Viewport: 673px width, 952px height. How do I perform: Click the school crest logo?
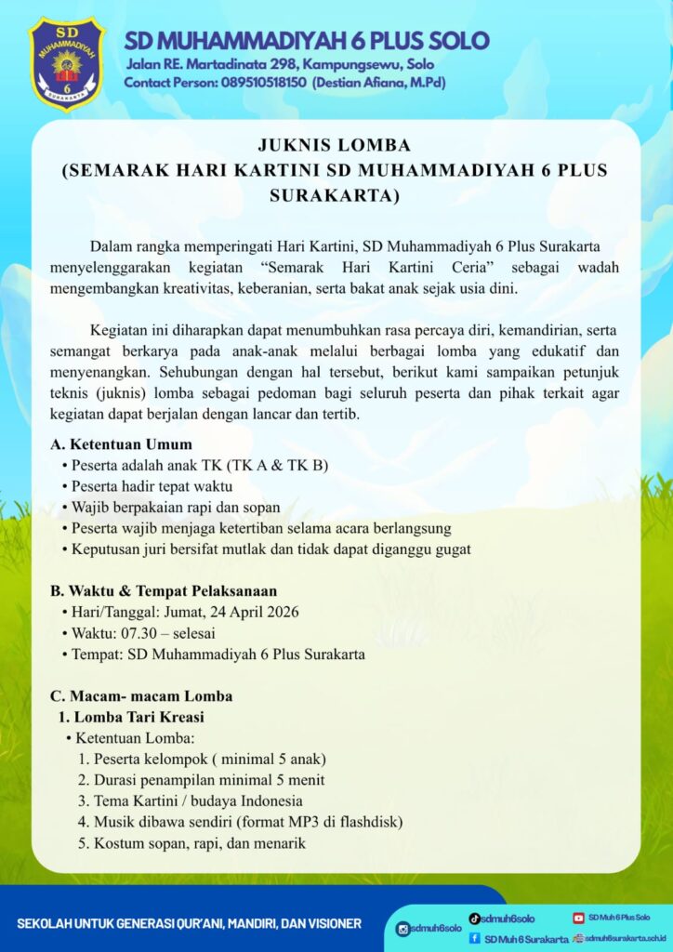[67, 62]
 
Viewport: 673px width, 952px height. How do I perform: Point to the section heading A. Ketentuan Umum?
[121, 444]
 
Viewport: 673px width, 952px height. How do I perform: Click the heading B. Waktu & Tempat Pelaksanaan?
[164, 590]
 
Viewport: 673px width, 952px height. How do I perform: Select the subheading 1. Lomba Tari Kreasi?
[131, 717]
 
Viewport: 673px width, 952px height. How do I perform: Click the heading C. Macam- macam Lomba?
[141, 695]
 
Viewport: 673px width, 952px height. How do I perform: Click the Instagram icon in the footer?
[403, 929]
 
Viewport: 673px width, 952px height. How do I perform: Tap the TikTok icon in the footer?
[474, 918]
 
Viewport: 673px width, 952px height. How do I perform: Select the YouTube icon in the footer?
[578, 918]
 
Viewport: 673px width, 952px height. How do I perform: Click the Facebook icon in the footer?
[474, 938]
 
